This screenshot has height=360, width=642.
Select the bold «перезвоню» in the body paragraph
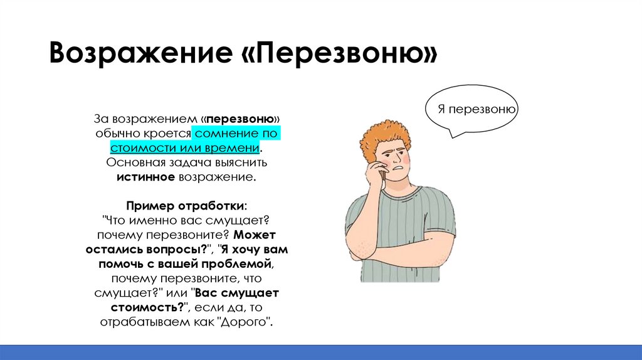[240, 119]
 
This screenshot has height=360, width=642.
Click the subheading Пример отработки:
[187, 206]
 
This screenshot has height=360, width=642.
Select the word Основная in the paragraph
[130, 163]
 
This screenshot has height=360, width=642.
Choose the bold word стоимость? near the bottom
[147, 307]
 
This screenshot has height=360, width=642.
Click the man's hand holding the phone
[375, 172]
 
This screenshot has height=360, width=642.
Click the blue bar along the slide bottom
[321, 352]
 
